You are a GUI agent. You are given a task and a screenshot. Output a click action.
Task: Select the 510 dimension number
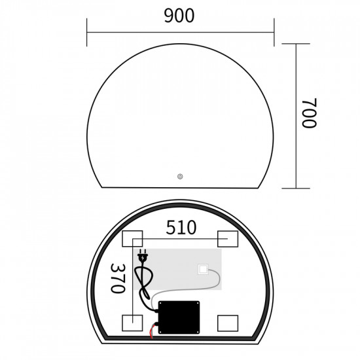pos(181,227)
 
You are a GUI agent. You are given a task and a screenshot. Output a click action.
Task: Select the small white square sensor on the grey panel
pos(204,269)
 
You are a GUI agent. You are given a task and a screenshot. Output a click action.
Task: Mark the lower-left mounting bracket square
pos(132,322)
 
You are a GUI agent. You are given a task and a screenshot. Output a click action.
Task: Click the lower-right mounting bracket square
pos(228,322)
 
